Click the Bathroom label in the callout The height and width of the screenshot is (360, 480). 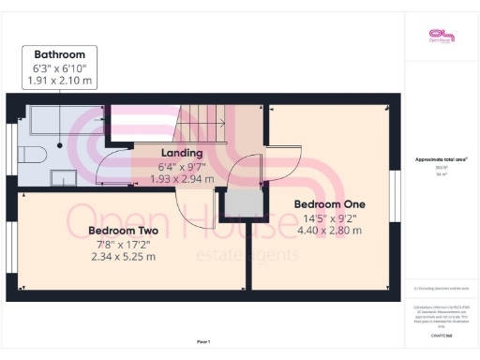(60, 54)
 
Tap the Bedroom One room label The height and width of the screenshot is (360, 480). (329, 203)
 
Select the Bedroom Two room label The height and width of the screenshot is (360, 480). (123, 230)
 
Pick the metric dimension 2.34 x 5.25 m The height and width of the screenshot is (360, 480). (123, 256)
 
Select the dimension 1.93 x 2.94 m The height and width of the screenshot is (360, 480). (183, 178)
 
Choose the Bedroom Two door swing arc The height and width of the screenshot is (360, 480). (195, 192)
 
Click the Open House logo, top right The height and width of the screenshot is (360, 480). (440, 35)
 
